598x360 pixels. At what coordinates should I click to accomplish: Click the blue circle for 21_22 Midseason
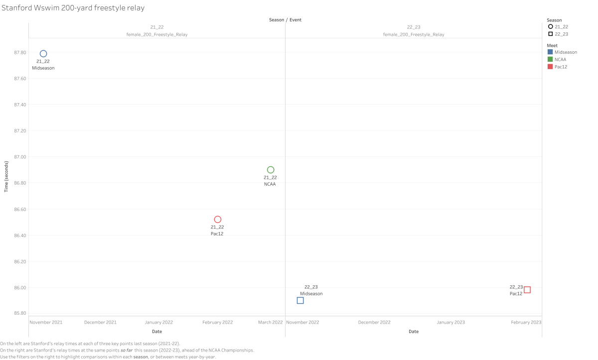point(43,54)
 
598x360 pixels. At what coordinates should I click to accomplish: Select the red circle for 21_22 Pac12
point(218,220)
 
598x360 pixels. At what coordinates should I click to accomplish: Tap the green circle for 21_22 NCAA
point(271,170)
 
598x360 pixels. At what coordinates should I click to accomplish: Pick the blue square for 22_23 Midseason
point(300,300)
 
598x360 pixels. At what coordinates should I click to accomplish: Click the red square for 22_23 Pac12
point(527,290)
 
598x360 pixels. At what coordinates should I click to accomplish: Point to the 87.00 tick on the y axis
point(19,157)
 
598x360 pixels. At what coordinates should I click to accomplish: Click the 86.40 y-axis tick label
point(19,235)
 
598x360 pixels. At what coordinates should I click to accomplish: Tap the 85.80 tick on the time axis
point(19,313)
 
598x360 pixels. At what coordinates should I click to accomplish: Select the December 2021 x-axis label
point(100,322)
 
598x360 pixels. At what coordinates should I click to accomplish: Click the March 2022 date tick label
point(271,322)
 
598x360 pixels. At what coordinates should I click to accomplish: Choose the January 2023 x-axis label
point(450,322)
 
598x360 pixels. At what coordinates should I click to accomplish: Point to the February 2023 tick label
point(526,322)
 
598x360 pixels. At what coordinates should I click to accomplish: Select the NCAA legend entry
point(561,59)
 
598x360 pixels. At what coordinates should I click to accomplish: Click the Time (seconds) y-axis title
point(6,176)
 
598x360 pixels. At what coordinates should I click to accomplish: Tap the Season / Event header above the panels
point(285,20)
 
